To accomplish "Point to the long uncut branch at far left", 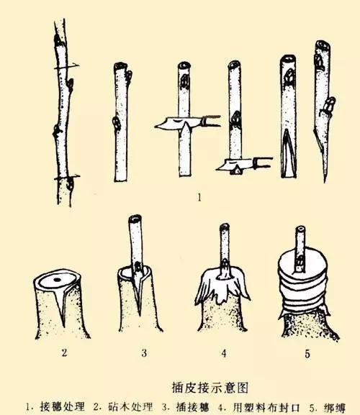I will (x=63, y=115).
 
